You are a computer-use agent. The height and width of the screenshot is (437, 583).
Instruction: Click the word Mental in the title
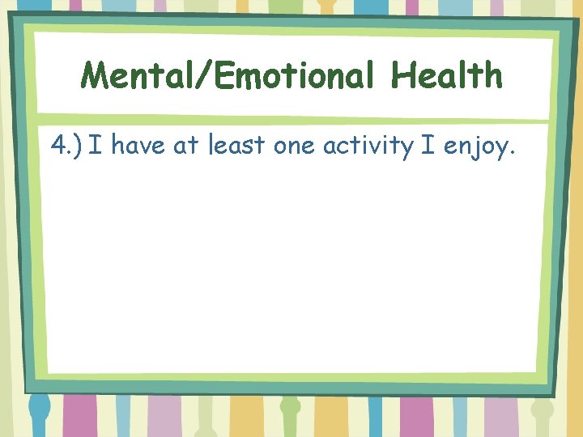tap(135, 76)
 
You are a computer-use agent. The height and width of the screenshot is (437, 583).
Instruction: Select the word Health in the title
tap(446, 76)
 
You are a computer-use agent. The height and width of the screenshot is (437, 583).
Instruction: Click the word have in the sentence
tap(138, 146)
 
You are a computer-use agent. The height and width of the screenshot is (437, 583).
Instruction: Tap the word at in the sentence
tap(185, 146)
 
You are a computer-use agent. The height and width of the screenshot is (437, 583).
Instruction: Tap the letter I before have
tap(96, 146)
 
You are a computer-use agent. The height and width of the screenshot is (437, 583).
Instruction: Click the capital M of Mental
tap(94, 76)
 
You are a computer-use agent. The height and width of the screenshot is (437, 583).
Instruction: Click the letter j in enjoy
tap(473, 149)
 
